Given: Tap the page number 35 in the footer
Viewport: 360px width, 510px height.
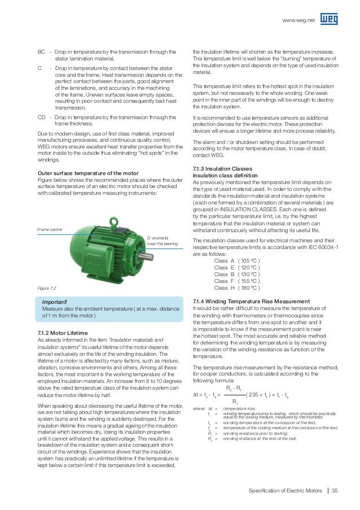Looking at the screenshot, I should point(335,489).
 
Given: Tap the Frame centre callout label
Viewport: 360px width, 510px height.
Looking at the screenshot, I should point(50,230).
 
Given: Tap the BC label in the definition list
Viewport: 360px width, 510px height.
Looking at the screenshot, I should point(41,51).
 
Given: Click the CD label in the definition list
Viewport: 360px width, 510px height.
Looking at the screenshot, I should point(41,117).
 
